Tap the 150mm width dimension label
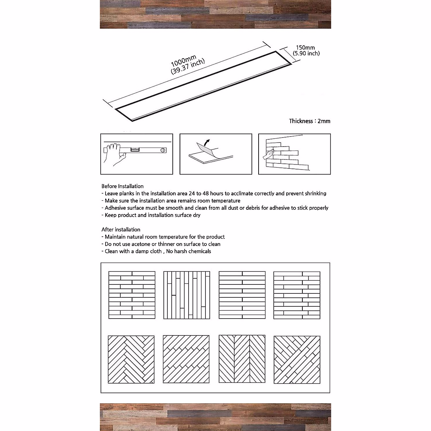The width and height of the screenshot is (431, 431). point(305,47)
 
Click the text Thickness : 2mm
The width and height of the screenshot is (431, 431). point(310,121)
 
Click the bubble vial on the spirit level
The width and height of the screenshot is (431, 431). point(135,149)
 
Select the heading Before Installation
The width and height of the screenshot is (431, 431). point(122,186)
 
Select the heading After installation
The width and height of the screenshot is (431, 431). point(121,230)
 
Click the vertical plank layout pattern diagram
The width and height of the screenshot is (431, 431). point(187,295)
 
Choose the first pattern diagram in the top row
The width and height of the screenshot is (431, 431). point(132,295)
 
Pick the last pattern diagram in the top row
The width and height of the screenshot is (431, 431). point(297,295)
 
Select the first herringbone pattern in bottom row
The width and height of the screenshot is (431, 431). point(131,359)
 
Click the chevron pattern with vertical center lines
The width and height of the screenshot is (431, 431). point(242,359)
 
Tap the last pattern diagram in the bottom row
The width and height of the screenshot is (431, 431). point(297,359)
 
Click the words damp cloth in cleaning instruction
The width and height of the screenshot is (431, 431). point(148,251)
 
